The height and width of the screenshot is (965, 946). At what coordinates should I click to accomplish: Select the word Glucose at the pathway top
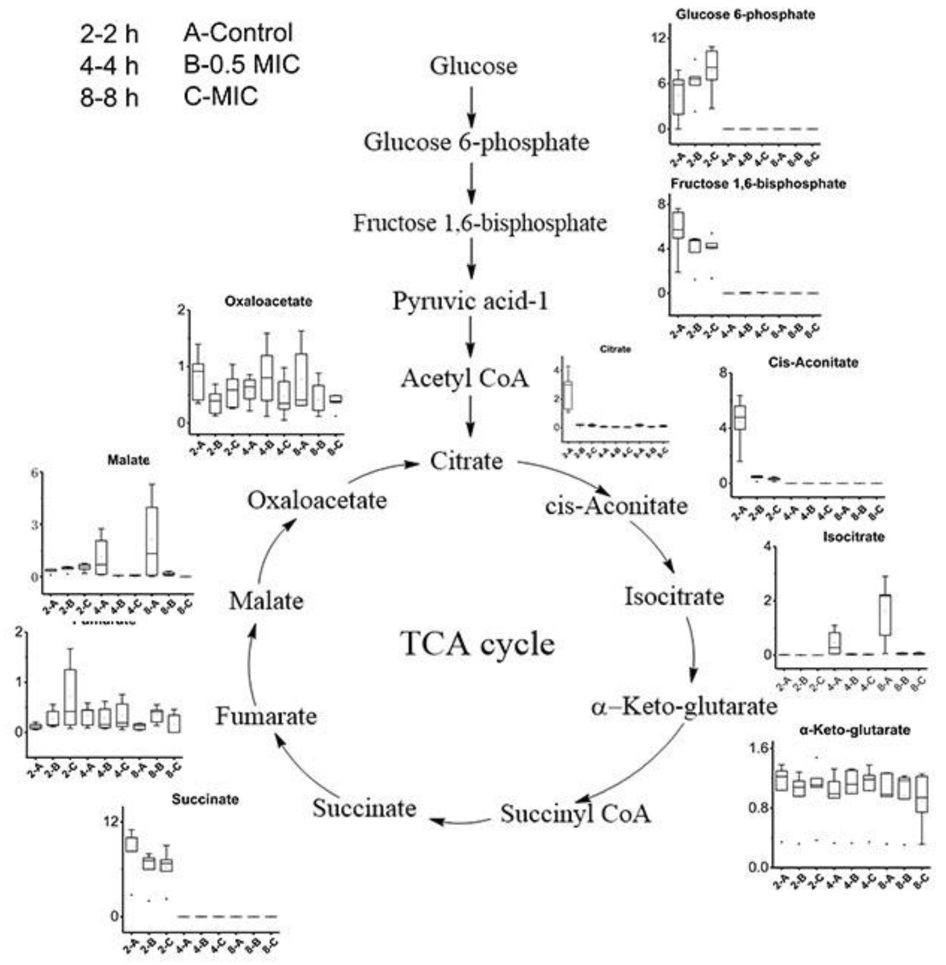tap(473, 66)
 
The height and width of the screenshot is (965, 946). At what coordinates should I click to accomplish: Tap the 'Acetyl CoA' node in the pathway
tap(465, 379)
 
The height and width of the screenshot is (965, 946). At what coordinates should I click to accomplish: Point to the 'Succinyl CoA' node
tap(575, 814)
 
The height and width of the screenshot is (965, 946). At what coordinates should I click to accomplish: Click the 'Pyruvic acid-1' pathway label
tap(470, 301)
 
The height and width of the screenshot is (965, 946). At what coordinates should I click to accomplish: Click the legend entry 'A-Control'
tap(238, 33)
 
